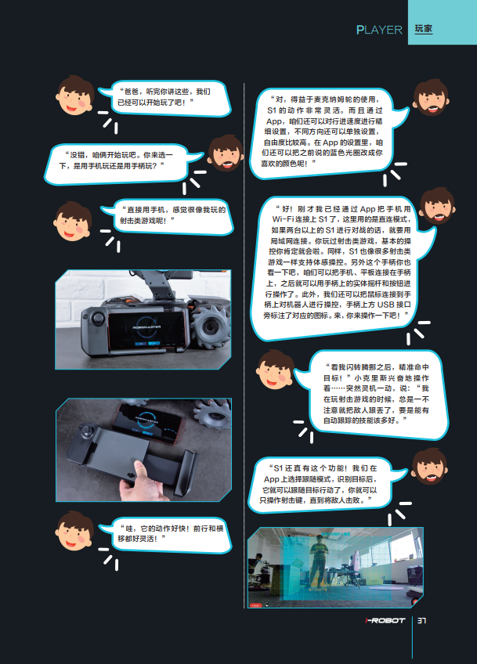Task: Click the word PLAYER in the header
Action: click(379, 30)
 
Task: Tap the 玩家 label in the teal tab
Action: click(423, 29)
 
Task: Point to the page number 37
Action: click(421, 620)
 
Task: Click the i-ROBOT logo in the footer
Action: click(385, 620)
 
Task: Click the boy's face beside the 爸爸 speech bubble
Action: click(75, 96)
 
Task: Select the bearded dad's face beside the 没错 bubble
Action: click(226, 153)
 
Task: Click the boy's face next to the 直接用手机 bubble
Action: click(73, 221)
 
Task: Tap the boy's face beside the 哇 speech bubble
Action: click(74, 531)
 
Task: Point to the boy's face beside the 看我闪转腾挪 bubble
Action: click(276, 370)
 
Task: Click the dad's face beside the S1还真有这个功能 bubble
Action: click(429, 467)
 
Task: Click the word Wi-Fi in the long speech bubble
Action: click(284, 219)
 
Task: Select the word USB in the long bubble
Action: click(385, 305)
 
